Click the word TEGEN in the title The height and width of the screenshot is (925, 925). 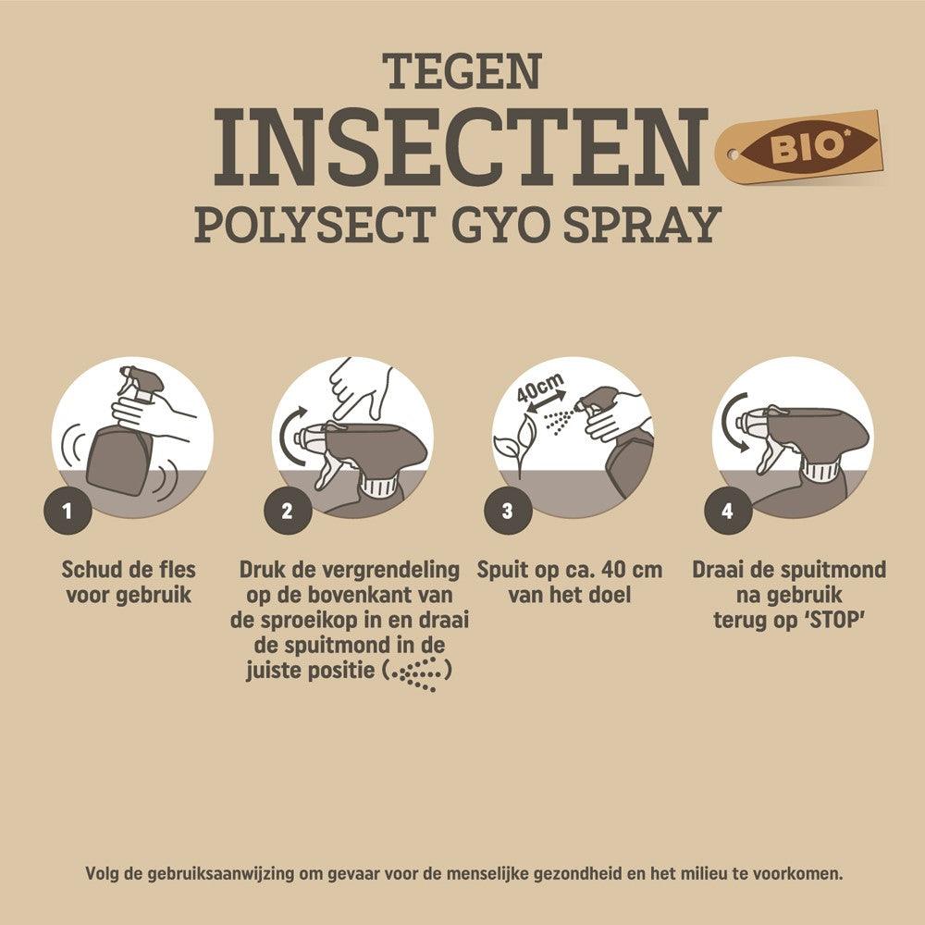pyautogui.click(x=462, y=72)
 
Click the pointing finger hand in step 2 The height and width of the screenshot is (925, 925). pyautogui.click(x=361, y=387)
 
